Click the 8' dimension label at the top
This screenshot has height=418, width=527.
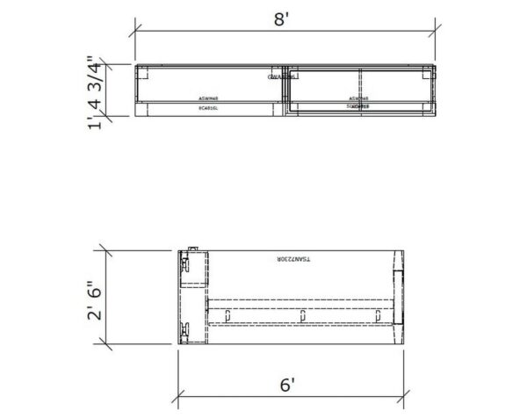[282, 19]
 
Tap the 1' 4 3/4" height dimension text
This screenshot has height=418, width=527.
[97, 92]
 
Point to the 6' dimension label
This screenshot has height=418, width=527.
[287, 385]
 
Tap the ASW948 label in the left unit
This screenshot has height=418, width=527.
[208, 98]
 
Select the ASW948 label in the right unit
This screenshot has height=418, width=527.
[357, 98]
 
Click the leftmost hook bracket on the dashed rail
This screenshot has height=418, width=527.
[227, 314]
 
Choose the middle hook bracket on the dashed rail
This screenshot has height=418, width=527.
[303, 314]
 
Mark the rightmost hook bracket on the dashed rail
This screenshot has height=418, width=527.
[379, 314]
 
